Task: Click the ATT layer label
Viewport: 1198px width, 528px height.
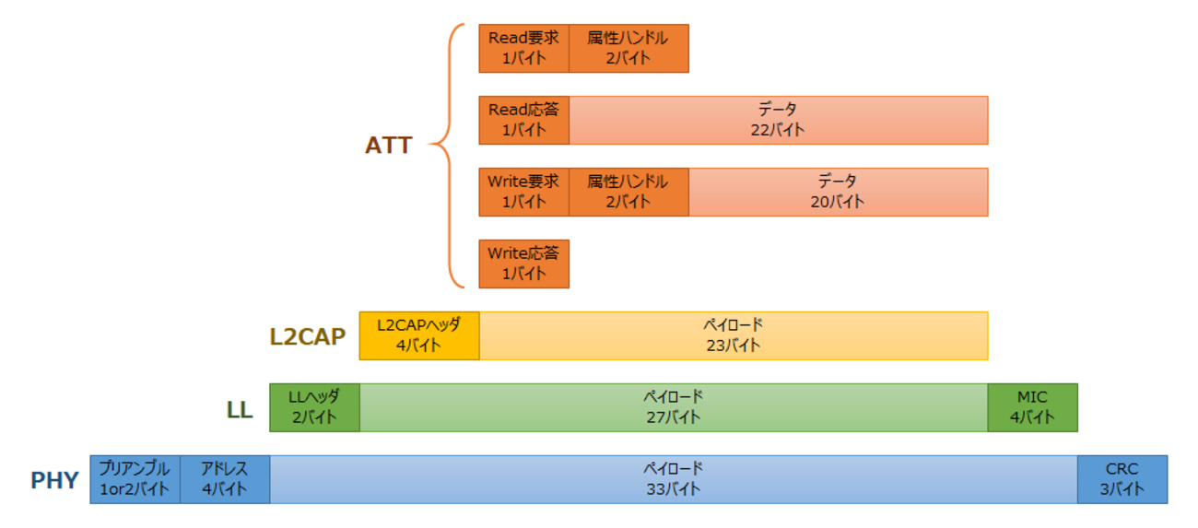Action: [x=388, y=146]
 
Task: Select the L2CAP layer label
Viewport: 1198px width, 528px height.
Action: [x=307, y=336]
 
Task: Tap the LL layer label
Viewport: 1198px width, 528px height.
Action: [x=240, y=410]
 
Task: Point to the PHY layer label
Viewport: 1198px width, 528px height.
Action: [x=54, y=480]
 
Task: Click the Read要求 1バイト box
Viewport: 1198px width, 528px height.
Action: [x=523, y=48]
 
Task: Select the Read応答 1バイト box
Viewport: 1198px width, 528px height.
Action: [x=523, y=120]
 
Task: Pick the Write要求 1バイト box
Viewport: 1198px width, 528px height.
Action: [x=523, y=192]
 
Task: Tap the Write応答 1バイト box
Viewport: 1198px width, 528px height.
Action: [x=523, y=264]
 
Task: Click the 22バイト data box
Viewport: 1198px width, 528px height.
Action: [x=778, y=120]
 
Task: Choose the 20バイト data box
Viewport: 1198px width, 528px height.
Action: [x=838, y=192]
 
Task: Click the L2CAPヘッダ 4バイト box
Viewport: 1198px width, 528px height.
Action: [x=419, y=335]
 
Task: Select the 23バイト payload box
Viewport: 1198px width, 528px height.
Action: [x=734, y=335]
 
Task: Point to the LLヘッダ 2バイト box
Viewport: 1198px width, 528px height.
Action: [x=314, y=407]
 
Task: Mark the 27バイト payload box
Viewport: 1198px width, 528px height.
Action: [x=673, y=407]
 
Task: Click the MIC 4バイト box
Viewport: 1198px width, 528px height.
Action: [x=1032, y=407]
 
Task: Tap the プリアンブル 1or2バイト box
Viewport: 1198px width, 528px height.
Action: [x=135, y=479]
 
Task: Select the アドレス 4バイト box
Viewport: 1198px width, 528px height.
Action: [x=225, y=479]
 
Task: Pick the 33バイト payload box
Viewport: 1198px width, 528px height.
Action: [x=673, y=479]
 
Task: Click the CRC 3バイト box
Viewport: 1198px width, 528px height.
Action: [x=1122, y=479]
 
